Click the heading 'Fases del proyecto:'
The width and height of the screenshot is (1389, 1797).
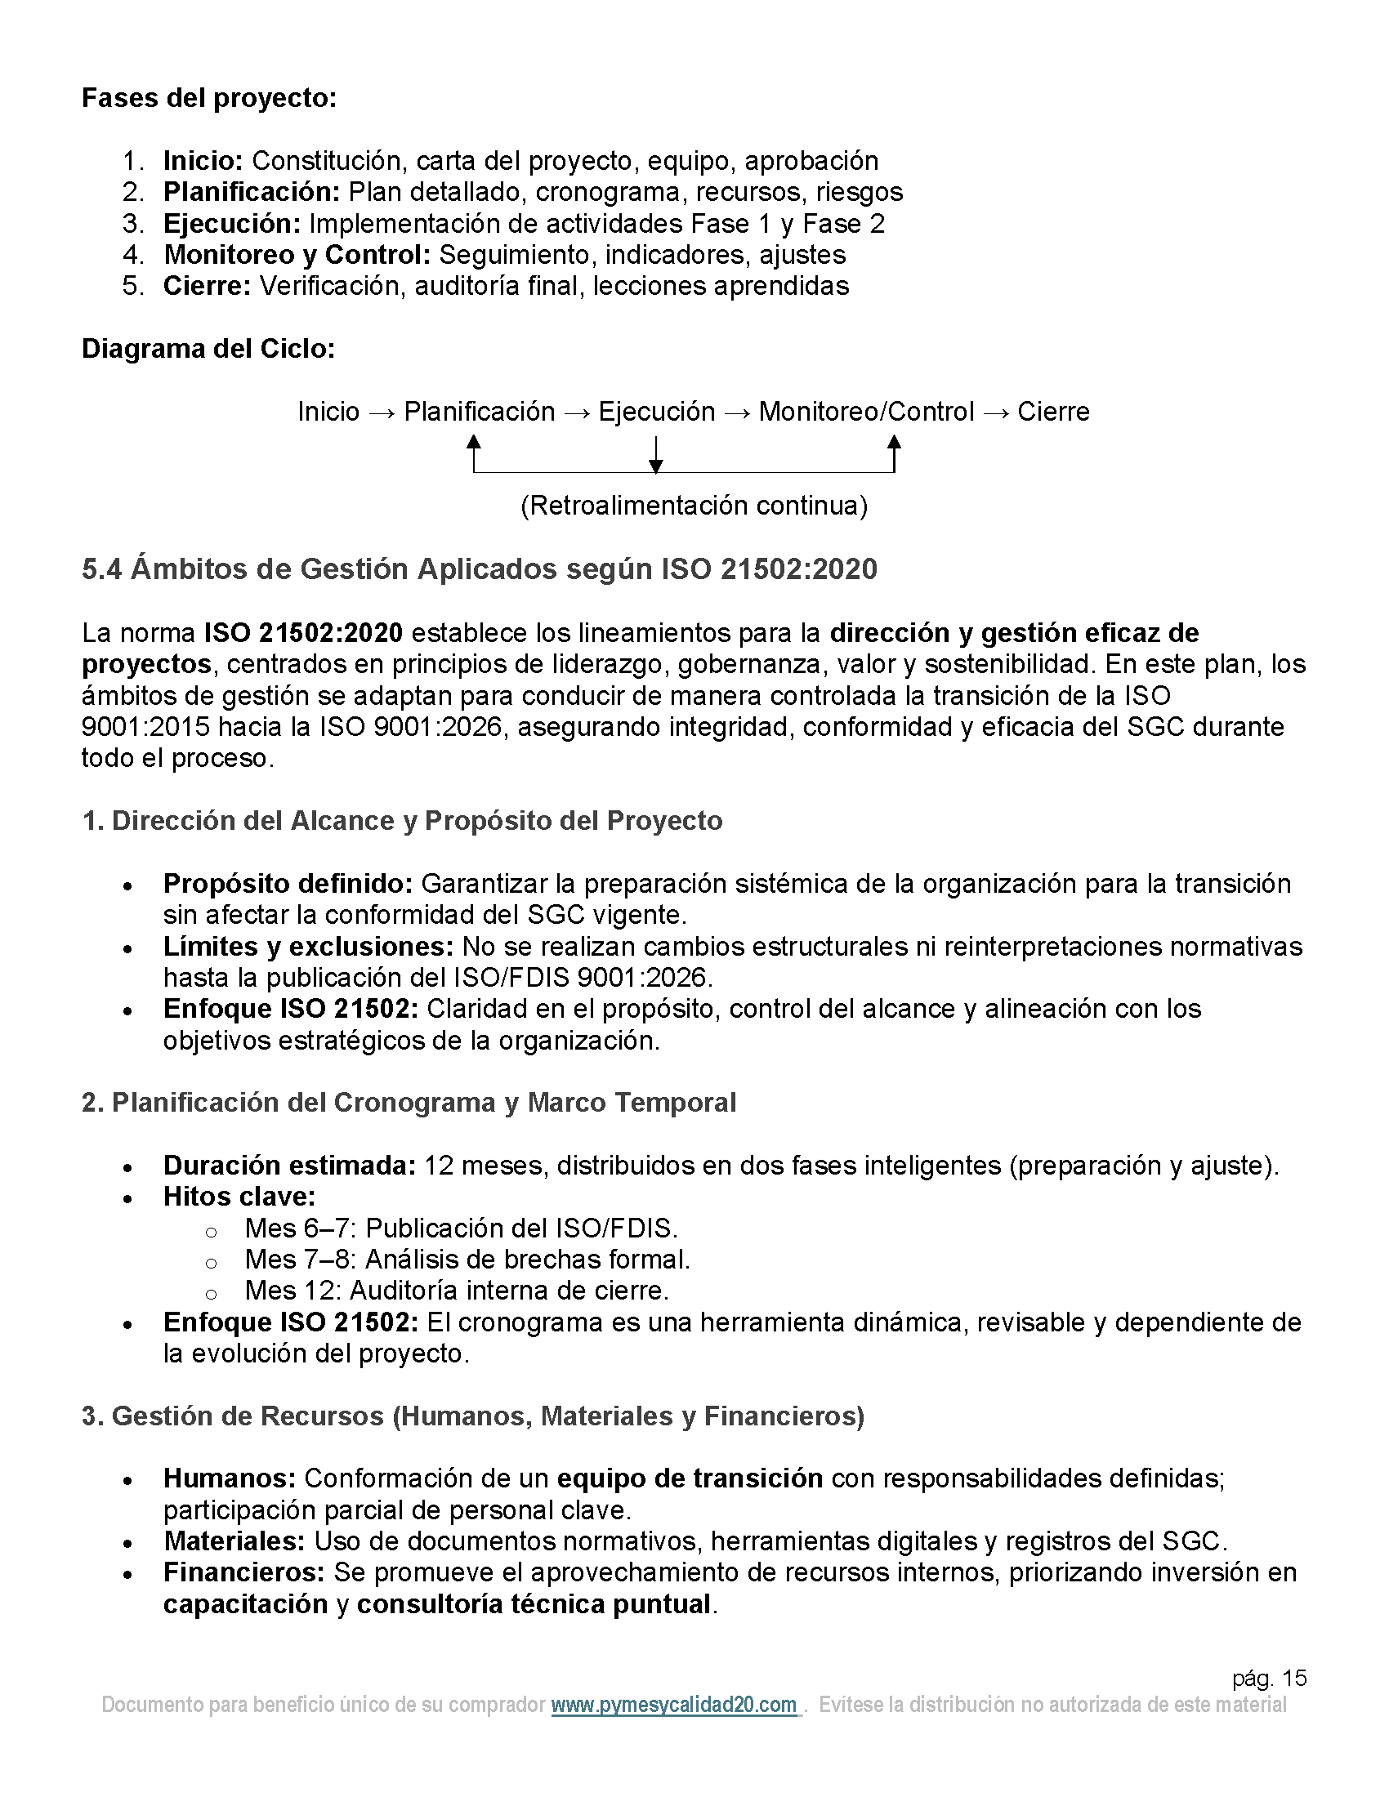point(209,98)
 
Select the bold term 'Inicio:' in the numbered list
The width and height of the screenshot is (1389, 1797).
point(203,160)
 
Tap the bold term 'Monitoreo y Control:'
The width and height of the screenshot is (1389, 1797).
point(297,255)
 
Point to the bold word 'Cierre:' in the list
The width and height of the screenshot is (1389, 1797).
point(207,287)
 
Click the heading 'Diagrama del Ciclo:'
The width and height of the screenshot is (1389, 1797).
point(208,349)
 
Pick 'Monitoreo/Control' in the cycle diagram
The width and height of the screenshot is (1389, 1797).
point(865,412)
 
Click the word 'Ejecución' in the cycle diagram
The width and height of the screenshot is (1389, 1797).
point(657,412)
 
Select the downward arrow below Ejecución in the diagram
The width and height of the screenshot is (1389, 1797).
point(656,455)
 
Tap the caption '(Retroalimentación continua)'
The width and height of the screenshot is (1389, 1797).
point(694,505)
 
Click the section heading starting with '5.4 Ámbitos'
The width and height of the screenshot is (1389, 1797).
point(479,569)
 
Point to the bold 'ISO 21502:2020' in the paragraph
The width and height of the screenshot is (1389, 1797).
point(304,634)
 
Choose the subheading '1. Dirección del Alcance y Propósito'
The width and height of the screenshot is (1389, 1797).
point(401,821)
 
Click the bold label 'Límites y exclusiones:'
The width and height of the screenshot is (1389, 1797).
point(308,947)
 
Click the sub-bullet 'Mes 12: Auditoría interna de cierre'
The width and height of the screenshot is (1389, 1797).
point(456,1291)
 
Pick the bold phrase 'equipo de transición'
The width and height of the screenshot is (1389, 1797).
point(690,1478)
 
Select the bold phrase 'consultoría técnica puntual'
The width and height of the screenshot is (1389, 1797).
point(534,1604)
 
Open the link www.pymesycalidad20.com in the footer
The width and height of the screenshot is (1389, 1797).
point(674,1705)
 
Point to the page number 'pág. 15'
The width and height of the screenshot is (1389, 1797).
point(1269,1679)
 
